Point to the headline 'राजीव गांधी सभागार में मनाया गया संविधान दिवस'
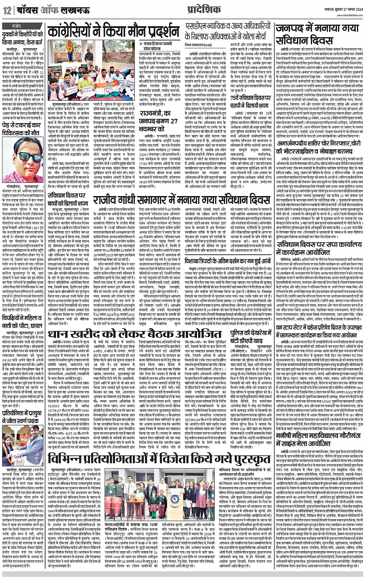[182, 200]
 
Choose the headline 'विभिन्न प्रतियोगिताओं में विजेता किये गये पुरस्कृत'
[149, 456]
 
